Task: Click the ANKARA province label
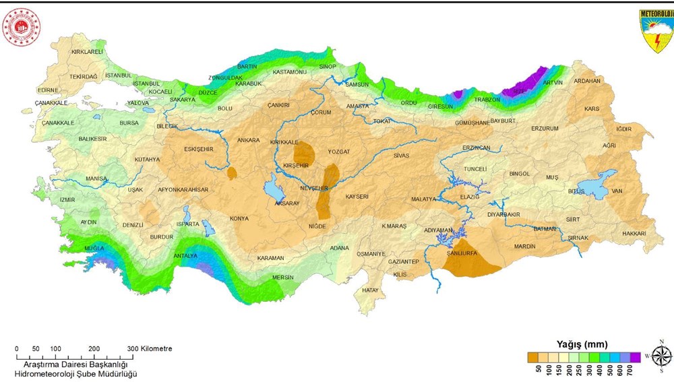click(x=248, y=140)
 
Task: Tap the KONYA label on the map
click(x=239, y=218)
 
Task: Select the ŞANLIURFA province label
click(x=462, y=254)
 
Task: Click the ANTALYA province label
click(x=185, y=255)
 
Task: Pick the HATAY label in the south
click(x=370, y=290)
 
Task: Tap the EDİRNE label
click(x=48, y=90)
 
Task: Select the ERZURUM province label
click(x=545, y=128)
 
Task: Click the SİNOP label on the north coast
click(x=328, y=67)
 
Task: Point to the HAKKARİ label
click(x=634, y=233)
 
